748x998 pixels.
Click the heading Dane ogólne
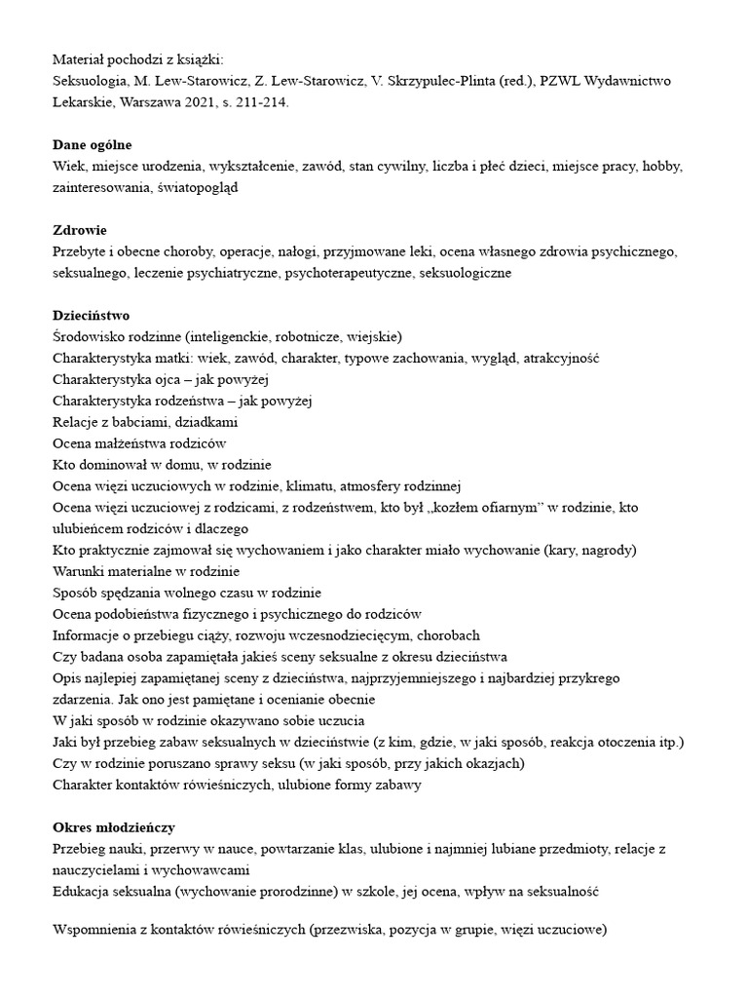(x=93, y=144)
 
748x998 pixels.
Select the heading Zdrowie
(x=80, y=230)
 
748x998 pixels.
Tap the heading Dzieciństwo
(x=91, y=316)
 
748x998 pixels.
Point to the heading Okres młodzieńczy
(x=113, y=828)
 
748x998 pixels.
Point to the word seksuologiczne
(x=465, y=273)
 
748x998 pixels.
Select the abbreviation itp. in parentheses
(x=668, y=743)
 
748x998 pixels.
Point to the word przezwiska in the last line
(x=350, y=931)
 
